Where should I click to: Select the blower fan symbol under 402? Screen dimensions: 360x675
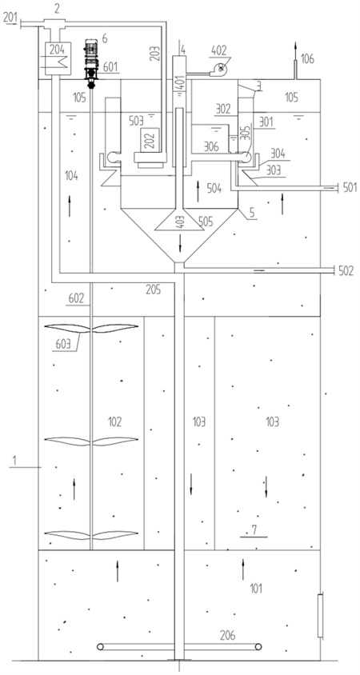click(x=220, y=69)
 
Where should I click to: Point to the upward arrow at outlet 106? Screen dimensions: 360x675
click(x=295, y=52)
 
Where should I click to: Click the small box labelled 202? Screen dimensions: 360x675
click(x=150, y=139)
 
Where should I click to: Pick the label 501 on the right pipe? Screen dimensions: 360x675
click(x=350, y=187)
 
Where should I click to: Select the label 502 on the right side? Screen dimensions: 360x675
click(x=346, y=270)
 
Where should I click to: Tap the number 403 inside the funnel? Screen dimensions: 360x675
click(x=180, y=223)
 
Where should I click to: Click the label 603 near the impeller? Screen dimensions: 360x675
click(x=63, y=344)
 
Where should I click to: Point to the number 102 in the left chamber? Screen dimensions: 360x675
click(x=114, y=421)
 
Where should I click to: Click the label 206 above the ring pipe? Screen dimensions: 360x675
click(x=228, y=635)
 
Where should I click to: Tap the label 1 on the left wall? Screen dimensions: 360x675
click(x=14, y=460)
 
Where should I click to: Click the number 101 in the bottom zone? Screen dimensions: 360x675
click(x=256, y=588)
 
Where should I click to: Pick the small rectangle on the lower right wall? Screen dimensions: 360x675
click(x=320, y=616)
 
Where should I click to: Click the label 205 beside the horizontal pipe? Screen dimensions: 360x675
click(x=154, y=290)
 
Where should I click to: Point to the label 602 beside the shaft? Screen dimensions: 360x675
click(x=76, y=298)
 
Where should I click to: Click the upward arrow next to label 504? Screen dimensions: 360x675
click(x=198, y=191)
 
